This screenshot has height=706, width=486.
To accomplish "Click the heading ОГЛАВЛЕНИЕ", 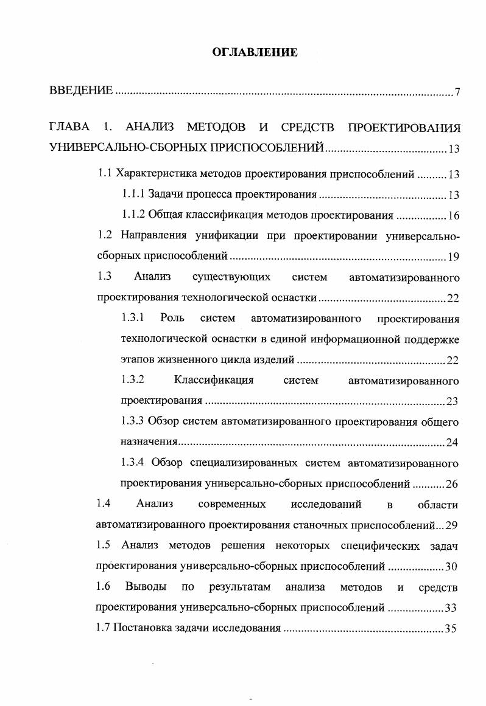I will (x=255, y=53).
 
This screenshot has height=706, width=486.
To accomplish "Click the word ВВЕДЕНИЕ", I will (x=80, y=91).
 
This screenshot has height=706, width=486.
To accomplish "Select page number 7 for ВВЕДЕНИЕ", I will (x=457, y=92).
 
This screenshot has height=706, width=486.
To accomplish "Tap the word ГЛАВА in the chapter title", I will (x=69, y=128).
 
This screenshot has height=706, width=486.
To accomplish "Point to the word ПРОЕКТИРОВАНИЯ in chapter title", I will (x=403, y=128).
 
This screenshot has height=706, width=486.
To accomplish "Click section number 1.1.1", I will (x=133, y=195).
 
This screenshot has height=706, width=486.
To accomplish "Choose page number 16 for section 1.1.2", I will (x=453, y=215).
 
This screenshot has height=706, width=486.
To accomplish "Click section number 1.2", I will (x=105, y=235).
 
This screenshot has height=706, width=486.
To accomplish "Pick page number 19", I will (x=453, y=257).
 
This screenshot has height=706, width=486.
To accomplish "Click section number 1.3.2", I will (x=133, y=381).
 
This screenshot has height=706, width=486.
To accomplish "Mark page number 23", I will (x=453, y=401).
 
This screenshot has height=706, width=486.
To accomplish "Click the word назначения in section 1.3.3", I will (x=149, y=443).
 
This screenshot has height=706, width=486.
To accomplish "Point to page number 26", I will (x=453, y=485).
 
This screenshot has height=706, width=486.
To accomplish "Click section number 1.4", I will (x=104, y=504).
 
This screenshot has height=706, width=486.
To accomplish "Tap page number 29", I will (x=453, y=525).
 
